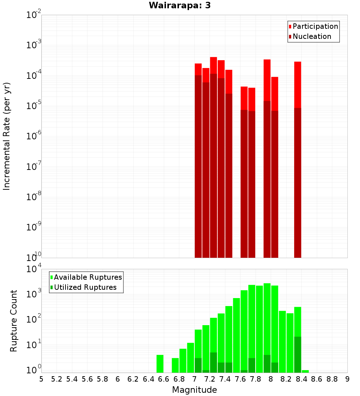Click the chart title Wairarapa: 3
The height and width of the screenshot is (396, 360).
(177, 5)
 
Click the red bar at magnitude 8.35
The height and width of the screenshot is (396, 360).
(297, 85)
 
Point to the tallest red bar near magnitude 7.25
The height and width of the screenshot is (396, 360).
(213, 65)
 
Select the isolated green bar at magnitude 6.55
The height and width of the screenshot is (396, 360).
(160, 364)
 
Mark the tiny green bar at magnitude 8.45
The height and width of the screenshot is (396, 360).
(305, 371)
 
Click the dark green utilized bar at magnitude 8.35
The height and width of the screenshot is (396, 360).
(297, 355)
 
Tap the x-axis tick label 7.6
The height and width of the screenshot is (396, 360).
(240, 379)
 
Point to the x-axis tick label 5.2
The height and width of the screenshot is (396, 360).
(57, 379)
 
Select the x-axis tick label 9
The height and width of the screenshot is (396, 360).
(347, 379)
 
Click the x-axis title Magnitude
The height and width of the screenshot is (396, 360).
(194, 390)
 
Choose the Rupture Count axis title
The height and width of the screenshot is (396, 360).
(14, 320)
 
